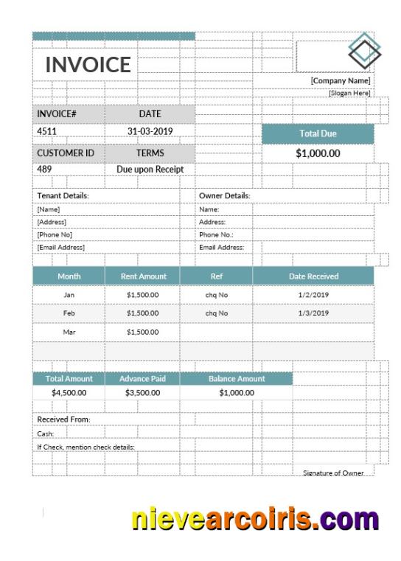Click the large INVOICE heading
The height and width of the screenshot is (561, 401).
pyautogui.click(x=88, y=64)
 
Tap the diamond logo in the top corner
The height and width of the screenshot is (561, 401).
pyautogui.click(x=365, y=50)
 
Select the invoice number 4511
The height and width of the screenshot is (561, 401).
pyautogui.click(x=47, y=131)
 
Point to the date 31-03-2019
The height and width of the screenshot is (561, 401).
pyautogui.click(x=150, y=131)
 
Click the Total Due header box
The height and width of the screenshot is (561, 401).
pyautogui.click(x=318, y=133)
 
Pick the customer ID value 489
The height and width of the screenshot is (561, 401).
pyautogui.click(x=44, y=169)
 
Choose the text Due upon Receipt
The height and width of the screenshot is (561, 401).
pyautogui.click(x=150, y=169)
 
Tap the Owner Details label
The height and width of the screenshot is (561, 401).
pyautogui.click(x=224, y=196)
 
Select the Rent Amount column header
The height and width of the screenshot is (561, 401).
pyautogui.click(x=143, y=276)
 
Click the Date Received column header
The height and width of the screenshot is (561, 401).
pyautogui.click(x=313, y=276)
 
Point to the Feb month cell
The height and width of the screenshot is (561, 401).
pyautogui.click(x=69, y=313)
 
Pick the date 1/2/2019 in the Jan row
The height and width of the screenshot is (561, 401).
pyautogui.click(x=313, y=294)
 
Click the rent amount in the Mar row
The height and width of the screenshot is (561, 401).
pyautogui.click(x=142, y=332)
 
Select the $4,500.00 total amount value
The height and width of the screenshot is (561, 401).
pyautogui.click(x=69, y=392)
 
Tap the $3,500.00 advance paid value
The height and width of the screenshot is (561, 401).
pyautogui.click(x=142, y=392)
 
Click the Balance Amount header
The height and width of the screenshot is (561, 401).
pyautogui.click(x=236, y=379)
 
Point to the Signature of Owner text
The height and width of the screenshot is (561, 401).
pyautogui.click(x=333, y=473)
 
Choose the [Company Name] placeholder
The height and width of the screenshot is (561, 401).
pyautogui.click(x=340, y=80)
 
